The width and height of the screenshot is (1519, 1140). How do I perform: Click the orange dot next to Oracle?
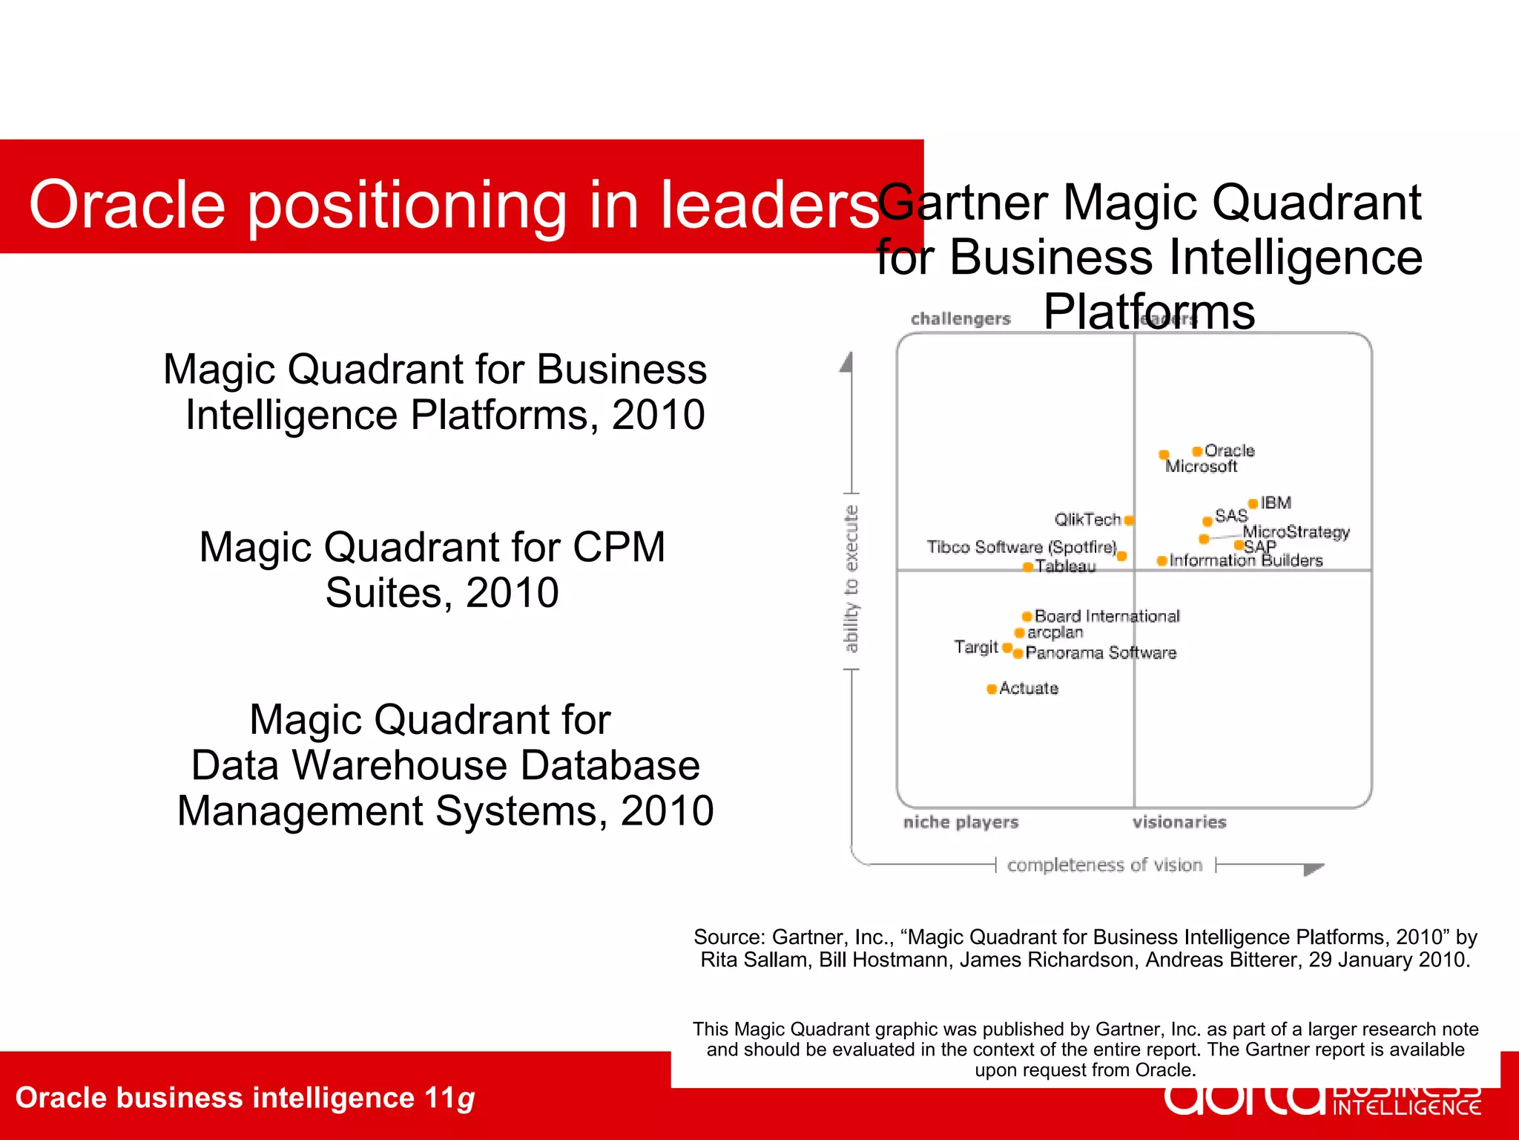[x=1196, y=451]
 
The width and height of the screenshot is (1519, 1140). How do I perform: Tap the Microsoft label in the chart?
[x=1201, y=467]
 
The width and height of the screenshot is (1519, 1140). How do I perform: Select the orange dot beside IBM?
[x=1253, y=504]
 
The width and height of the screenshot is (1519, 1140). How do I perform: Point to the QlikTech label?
[x=1087, y=520]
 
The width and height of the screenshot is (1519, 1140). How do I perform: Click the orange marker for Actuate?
[x=991, y=689]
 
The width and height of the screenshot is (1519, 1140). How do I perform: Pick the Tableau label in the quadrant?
[x=1065, y=567]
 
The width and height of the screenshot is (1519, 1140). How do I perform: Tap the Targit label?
[x=976, y=647]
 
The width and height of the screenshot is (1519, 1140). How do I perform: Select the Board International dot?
[x=1027, y=616]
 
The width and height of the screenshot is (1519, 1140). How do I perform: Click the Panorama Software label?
[x=1101, y=653]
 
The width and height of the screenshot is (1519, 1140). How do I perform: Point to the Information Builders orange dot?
[x=1162, y=561]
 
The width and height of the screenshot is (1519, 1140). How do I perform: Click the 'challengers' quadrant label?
[x=961, y=319]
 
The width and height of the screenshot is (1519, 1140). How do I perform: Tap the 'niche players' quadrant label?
[x=961, y=822]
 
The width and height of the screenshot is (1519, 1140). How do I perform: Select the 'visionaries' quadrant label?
[x=1179, y=822]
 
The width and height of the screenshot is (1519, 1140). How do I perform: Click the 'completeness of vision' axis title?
[x=1104, y=865]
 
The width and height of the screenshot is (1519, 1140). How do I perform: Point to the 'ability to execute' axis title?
[x=851, y=579]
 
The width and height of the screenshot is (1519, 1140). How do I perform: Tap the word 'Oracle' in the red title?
[x=127, y=205]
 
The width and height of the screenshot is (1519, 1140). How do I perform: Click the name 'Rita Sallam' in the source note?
[x=755, y=960]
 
